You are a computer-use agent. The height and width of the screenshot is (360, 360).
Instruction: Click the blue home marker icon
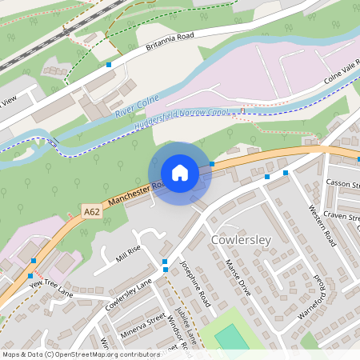[x=179, y=173]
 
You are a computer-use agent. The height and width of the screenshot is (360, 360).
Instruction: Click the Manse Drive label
[x=238, y=277]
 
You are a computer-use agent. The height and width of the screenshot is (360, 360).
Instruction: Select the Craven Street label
[x=342, y=218]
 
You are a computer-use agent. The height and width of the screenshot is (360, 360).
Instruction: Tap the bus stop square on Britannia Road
[x=109, y=64]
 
